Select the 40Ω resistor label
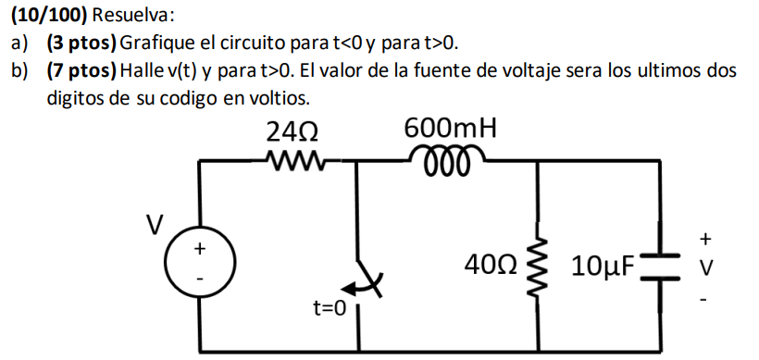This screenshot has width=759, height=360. tap(491, 267)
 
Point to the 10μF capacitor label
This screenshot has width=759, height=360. tap(603, 267)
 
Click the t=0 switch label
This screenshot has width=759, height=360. tap(328, 306)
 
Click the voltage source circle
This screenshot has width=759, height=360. tap(197, 261)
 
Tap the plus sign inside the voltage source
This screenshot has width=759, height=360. tap(197, 248)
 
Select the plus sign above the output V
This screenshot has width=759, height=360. tap(705, 239)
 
